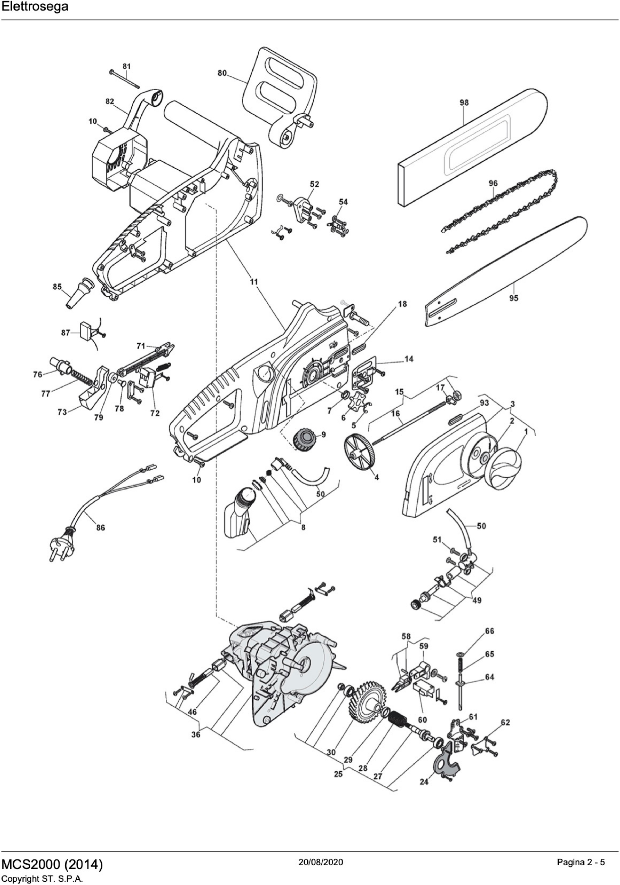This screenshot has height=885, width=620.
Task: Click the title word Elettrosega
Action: tap(35, 7)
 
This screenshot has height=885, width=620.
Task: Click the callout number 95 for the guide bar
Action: tap(514, 298)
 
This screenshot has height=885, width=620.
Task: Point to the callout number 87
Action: tap(65, 332)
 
